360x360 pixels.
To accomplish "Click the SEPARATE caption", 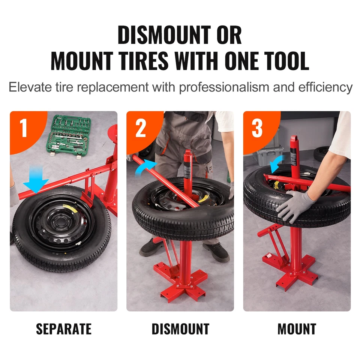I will pyautogui.click(x=64, y=329).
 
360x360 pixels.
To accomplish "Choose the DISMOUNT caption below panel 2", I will pyautogui.click(x=180, y=329).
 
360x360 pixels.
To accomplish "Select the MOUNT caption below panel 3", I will pyautogui.click(x=297, y=329).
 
